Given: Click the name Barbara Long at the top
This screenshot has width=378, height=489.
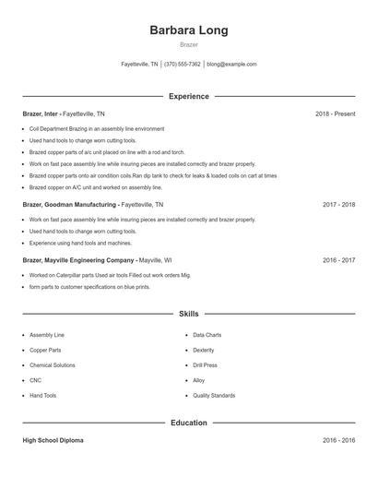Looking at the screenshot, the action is click(188, 30).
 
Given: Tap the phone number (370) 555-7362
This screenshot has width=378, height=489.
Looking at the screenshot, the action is click(183, 65).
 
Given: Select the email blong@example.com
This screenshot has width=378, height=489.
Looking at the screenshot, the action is click(231, 65).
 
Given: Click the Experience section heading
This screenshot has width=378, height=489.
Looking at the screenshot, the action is click(188, 96).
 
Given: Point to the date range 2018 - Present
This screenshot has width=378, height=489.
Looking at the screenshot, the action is click(335, 113).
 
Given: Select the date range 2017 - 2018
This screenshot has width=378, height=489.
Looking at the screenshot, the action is click(338, 204).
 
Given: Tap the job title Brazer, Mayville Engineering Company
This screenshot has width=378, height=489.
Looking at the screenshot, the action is click(78, 260).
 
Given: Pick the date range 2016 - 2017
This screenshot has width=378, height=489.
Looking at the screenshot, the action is click(338, 260).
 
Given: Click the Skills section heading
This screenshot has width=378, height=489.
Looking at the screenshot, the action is click(188, 315).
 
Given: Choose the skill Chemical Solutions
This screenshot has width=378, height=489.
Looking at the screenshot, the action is click(53, 365).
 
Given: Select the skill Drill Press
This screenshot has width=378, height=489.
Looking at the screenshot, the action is click(207, 365).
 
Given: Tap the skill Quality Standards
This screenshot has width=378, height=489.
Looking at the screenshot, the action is click(214, 395).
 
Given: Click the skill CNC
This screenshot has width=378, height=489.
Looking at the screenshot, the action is click(36, 380).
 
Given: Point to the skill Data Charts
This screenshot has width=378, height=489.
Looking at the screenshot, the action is click(207, 335).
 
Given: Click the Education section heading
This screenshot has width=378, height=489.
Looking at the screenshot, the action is click(188, 423).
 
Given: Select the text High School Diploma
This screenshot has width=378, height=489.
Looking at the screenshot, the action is click(53, 441).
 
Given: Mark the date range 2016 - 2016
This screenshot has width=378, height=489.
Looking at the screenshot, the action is click(338, 441).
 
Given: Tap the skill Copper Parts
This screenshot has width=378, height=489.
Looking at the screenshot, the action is click(45, 351).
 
